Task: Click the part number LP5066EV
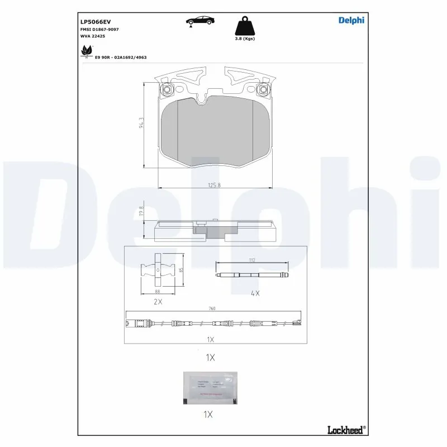coord(96,21)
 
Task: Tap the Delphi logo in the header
coord(351,21)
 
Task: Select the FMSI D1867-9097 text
coord(100,29)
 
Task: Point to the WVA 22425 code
coord(93,36)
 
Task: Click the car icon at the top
coord(199,21)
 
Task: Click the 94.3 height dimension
coord(142,123)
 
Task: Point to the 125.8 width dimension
coord(215,186)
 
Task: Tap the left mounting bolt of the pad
coord(165,90)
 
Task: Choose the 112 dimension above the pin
coord(251,260)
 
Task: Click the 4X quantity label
coord(255,293)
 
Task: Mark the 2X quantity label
coord(158,302)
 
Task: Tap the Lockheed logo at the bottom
coord(345,429)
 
